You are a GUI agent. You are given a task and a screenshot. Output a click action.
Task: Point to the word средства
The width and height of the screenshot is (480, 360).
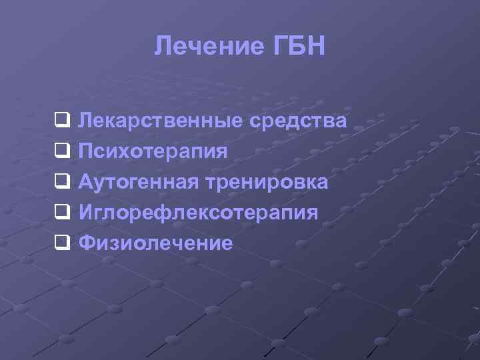(297, 121)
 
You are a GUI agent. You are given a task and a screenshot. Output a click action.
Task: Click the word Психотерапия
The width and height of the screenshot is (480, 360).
(153, 151)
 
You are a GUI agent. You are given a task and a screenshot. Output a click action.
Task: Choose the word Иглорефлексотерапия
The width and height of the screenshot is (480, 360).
(198, 213)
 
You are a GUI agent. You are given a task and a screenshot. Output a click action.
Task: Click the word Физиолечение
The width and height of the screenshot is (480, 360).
(155, 243)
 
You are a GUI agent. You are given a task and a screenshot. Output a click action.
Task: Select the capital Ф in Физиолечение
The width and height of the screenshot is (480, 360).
(87, 243)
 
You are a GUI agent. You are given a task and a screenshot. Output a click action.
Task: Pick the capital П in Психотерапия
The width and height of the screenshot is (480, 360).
(86, 151)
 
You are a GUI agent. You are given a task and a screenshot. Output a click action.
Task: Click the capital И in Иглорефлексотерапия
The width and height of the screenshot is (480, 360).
(86, 213)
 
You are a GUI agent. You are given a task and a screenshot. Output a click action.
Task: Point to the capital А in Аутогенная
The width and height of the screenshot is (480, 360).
(87, 182)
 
